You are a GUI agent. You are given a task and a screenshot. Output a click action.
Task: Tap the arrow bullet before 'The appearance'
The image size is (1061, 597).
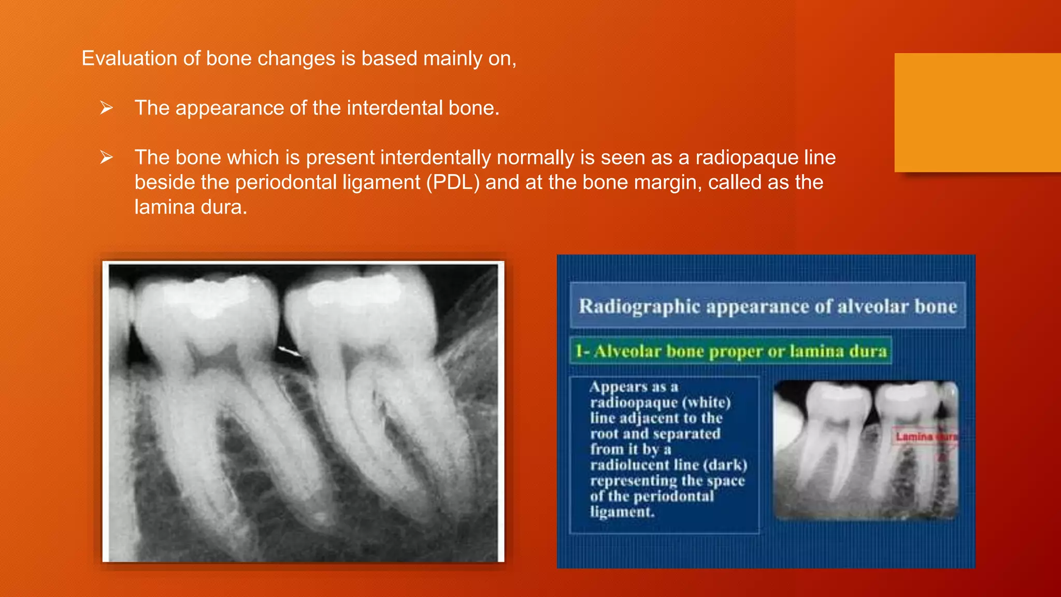point(107,108)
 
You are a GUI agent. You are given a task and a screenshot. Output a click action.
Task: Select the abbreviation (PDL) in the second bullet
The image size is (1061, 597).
point(453,182)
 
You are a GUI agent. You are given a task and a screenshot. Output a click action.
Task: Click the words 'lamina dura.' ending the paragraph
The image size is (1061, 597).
point(191,207)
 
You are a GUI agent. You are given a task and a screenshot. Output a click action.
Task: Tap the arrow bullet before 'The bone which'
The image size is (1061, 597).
point(107,158)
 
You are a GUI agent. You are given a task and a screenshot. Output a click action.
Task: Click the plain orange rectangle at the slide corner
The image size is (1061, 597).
point(977,112)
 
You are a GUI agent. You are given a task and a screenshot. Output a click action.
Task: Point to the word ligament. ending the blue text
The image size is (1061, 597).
point(622,512)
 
